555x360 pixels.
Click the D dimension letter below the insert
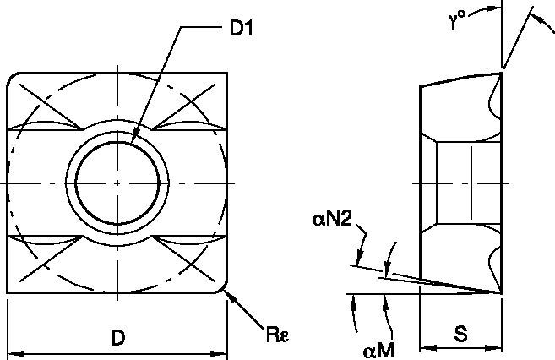pos(117,339)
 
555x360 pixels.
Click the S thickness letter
pos(461,335)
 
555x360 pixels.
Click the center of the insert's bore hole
pos(117,183)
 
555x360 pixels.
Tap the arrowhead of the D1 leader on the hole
pos(134,140)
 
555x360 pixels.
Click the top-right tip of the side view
pos(501,74)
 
